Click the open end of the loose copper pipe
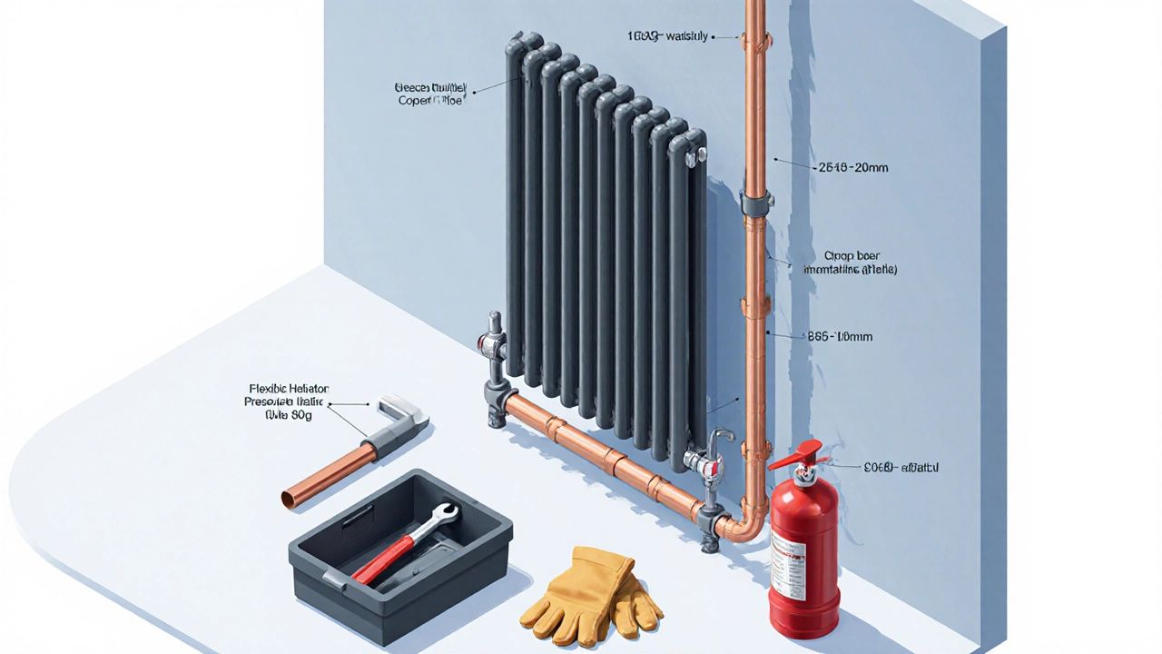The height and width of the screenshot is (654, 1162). (290, 498)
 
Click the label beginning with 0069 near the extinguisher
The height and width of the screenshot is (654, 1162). (899, 467)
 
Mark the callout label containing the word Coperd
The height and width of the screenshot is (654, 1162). (430, 94)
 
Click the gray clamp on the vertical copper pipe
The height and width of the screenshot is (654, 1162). (755, 201)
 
